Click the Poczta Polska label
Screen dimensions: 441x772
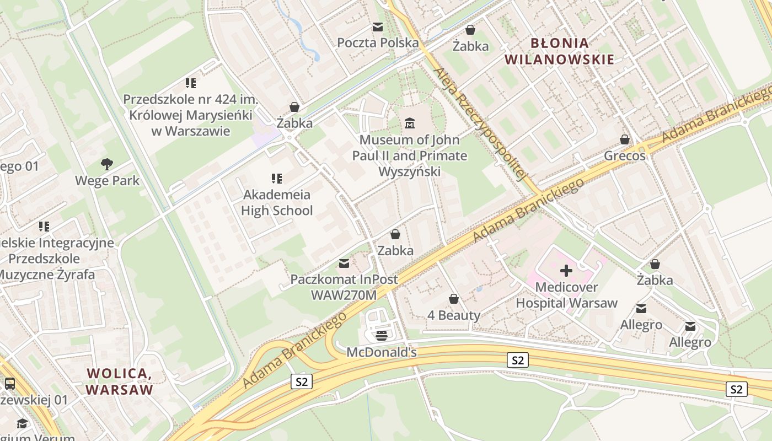[378, 42]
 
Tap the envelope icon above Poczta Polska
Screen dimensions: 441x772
[378, 27]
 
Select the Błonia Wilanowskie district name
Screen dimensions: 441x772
[560, 51]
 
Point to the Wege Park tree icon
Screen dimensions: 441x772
[107, 164]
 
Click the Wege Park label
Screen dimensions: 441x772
[107, 181]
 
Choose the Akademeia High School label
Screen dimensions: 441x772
[277, 202]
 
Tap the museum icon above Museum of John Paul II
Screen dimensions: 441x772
[410, 123]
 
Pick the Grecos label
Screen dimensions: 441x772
[625, 155]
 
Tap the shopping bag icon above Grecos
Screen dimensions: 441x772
[625, 139]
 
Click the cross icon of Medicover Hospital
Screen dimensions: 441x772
[566, 271]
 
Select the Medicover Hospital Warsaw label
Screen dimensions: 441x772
[566, 295]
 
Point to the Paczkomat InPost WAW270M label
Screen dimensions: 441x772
[344, 287]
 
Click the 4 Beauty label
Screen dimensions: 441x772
[454, 315]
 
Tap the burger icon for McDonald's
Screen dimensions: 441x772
[382, 335]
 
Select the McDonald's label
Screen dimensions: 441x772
[382, 352]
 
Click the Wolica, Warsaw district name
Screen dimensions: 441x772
[119, 381]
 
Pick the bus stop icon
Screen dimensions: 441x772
[9, 384]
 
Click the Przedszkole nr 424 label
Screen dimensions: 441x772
[191, 115]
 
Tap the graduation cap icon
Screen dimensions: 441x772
[22, 423]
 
